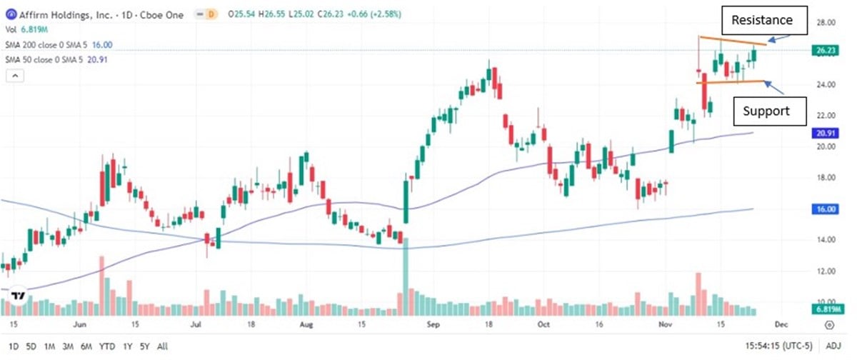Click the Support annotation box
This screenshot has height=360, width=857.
tap(766, 111)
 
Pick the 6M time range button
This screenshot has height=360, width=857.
tap(87, 346)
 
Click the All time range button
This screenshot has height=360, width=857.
tap(163, 346)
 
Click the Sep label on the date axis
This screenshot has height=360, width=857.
tap(431, 324)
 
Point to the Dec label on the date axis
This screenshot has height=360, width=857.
tap(781, 324)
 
